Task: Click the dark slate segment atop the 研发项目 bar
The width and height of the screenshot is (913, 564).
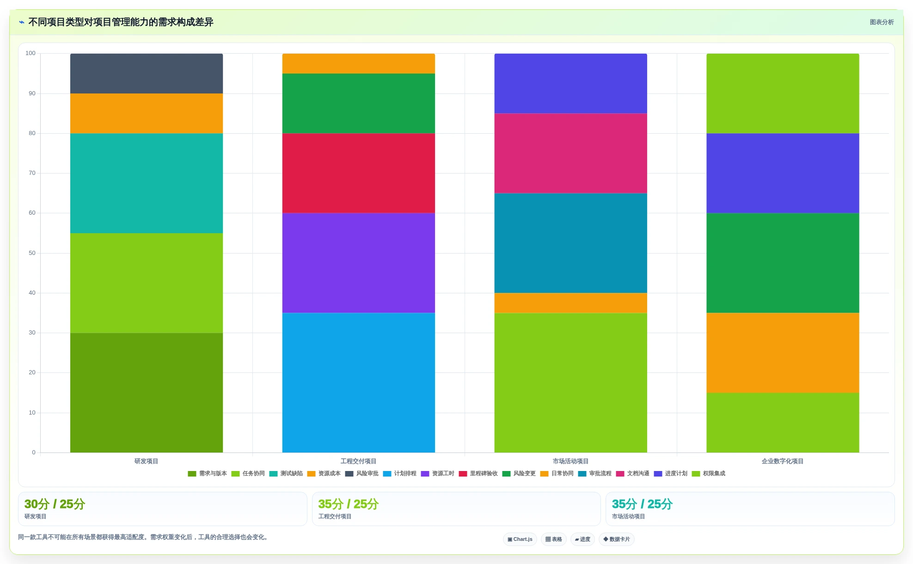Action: point(147,74)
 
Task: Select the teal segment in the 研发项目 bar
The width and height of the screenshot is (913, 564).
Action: point(147,183)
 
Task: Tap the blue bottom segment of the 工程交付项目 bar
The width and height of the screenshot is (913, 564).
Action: point(358,383)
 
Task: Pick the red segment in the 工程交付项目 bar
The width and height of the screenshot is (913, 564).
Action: point(358,173)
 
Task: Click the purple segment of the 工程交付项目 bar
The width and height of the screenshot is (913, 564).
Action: point(358,263)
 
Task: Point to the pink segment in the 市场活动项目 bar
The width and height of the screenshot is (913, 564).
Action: point(570,153)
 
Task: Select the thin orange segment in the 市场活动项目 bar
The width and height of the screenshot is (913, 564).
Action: point(570,303)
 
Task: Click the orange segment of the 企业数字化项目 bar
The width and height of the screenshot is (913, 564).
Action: point(783,353)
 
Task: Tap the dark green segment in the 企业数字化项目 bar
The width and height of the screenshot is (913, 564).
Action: point(783,263)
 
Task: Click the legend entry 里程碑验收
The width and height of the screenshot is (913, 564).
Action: point(478,473)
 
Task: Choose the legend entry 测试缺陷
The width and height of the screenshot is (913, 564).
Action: point(286,473)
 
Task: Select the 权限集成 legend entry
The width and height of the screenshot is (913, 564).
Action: point(709,473)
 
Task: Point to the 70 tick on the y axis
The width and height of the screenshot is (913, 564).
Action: point(32,173)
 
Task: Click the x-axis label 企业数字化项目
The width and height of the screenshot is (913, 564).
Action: point(783,461)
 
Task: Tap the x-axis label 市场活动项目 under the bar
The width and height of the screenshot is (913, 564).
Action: point(570,461)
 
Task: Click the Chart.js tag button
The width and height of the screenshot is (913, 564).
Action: point(520,539)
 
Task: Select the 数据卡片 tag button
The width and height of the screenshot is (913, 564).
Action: point(617,539)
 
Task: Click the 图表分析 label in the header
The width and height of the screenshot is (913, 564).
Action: point(882,22)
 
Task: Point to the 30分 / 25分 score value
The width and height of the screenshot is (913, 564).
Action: point(55,504)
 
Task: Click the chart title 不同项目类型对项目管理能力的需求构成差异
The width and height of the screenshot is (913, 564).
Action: point(121,22)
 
